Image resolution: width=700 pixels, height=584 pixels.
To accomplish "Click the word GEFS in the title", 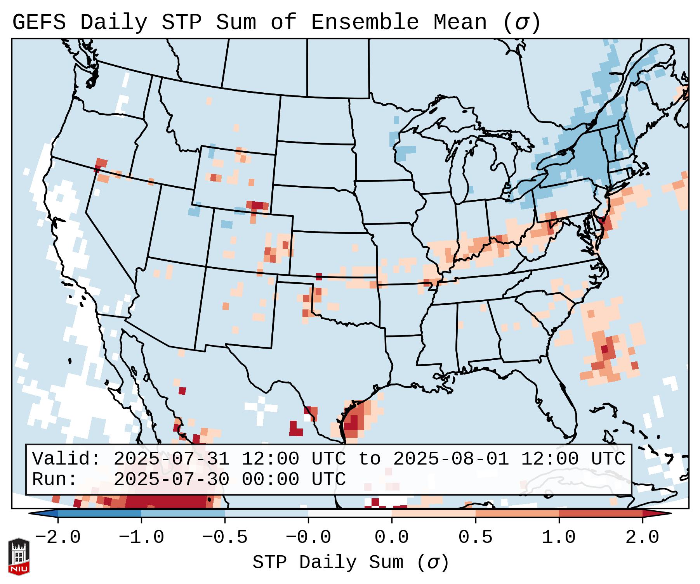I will (x=39, y=22).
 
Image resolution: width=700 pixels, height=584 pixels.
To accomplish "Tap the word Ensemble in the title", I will (x=365, y=22).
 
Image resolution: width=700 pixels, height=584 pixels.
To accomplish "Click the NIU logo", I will (x=19, y=557).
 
